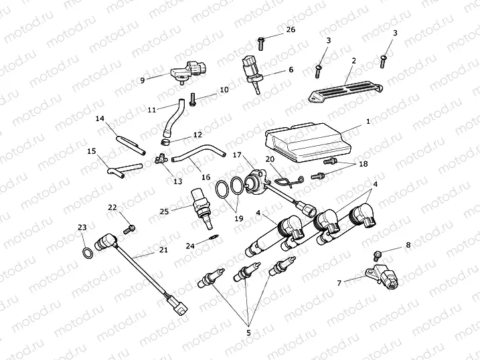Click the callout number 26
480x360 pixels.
point(290,30)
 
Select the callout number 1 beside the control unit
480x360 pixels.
point(368,122)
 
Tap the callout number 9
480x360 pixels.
point(142,80)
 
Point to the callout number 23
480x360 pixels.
point(82,228)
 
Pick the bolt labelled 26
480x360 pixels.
point(261,43)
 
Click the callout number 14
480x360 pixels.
point(100,118)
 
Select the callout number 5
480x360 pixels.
point(248,332)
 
